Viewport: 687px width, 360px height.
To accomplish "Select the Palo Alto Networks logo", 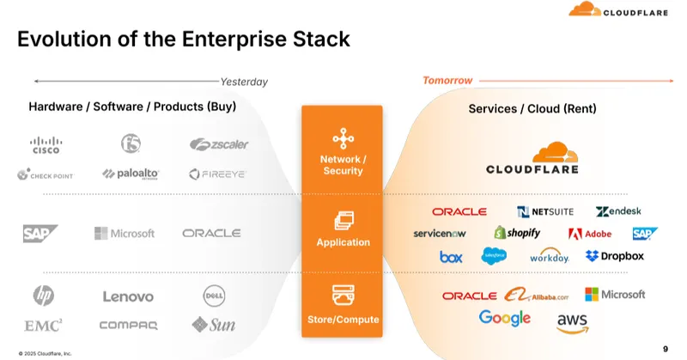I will [131, 174].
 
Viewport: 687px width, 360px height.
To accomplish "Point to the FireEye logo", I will [217, 174].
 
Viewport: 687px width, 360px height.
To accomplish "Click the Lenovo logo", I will [128, 296].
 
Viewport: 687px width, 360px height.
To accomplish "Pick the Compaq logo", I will [128, 325].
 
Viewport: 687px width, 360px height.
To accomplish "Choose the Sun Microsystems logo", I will [214, 324].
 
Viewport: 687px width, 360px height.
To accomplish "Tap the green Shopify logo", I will [517, 233].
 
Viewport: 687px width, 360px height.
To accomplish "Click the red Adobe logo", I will [589, 234].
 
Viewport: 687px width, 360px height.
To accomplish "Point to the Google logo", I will [505, 318].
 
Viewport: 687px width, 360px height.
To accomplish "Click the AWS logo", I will [572, 322].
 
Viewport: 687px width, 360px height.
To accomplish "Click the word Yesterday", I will [245, 82].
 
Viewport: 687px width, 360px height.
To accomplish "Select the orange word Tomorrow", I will [447, 81].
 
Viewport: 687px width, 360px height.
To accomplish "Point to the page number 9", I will [666, 348].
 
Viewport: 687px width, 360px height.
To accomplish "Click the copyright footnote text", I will [44, 352].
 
